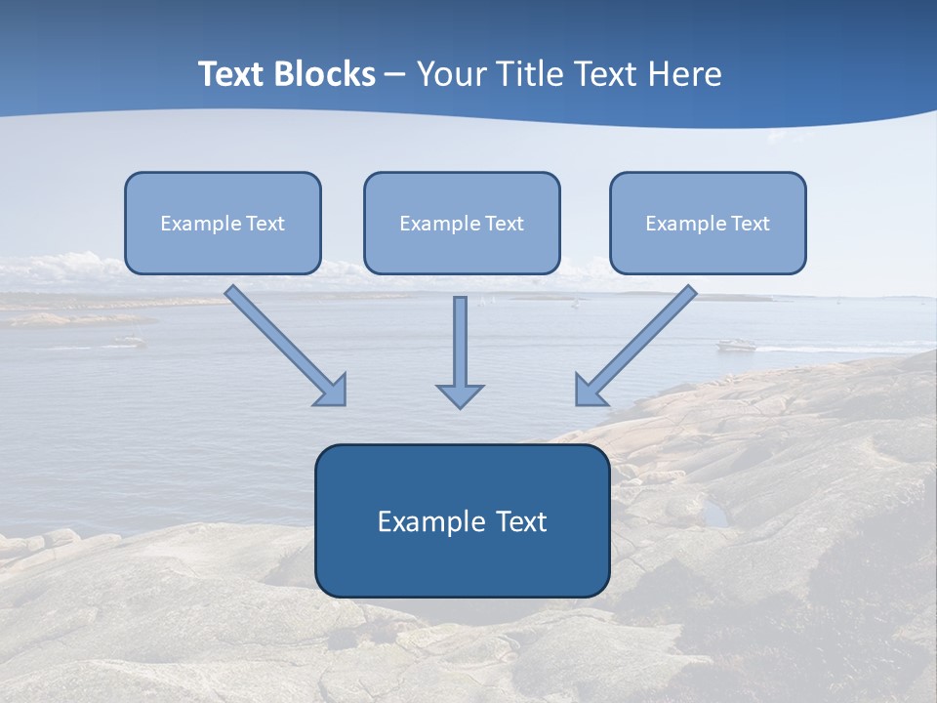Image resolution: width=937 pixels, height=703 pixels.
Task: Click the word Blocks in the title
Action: point(328,74)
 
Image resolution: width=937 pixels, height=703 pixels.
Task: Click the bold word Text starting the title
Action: point(234,74)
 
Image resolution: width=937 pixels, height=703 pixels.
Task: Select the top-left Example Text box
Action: point(223,224)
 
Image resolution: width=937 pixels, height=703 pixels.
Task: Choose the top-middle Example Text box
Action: point(462,224)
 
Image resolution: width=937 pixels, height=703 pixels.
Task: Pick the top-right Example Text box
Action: point(708,224)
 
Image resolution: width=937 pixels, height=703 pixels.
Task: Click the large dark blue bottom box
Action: point(462,520)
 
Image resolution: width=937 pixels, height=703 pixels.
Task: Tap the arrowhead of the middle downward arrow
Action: point(460,396)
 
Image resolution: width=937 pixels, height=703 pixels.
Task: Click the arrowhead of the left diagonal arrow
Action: point(333,392)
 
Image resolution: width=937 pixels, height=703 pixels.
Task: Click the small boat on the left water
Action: point(128,341)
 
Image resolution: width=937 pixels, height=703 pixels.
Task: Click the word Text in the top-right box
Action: point(750,224)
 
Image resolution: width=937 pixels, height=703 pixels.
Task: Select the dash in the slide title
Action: point(395,75)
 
